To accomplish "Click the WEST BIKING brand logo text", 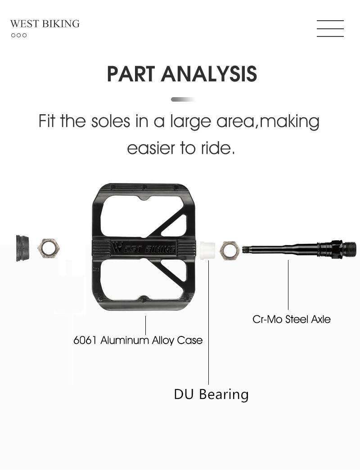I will pos(45,24).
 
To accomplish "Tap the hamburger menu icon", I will pos(330,28).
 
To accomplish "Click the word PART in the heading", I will pos(131,74).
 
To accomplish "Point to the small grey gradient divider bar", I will pos(183,99).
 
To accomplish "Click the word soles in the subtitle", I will pos(110,121).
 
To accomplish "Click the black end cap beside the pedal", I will pos(22,248).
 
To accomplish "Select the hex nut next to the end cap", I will pos(48,248).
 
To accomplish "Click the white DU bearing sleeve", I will pos(207,251).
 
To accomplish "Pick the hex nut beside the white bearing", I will pos(229,251).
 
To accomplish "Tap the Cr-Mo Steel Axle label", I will pos(292,319).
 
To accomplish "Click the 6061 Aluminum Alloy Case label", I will pos(138,340).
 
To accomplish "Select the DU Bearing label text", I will pos(211,394).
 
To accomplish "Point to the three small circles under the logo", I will pos(19,35).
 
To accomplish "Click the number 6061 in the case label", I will pos(85,340).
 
